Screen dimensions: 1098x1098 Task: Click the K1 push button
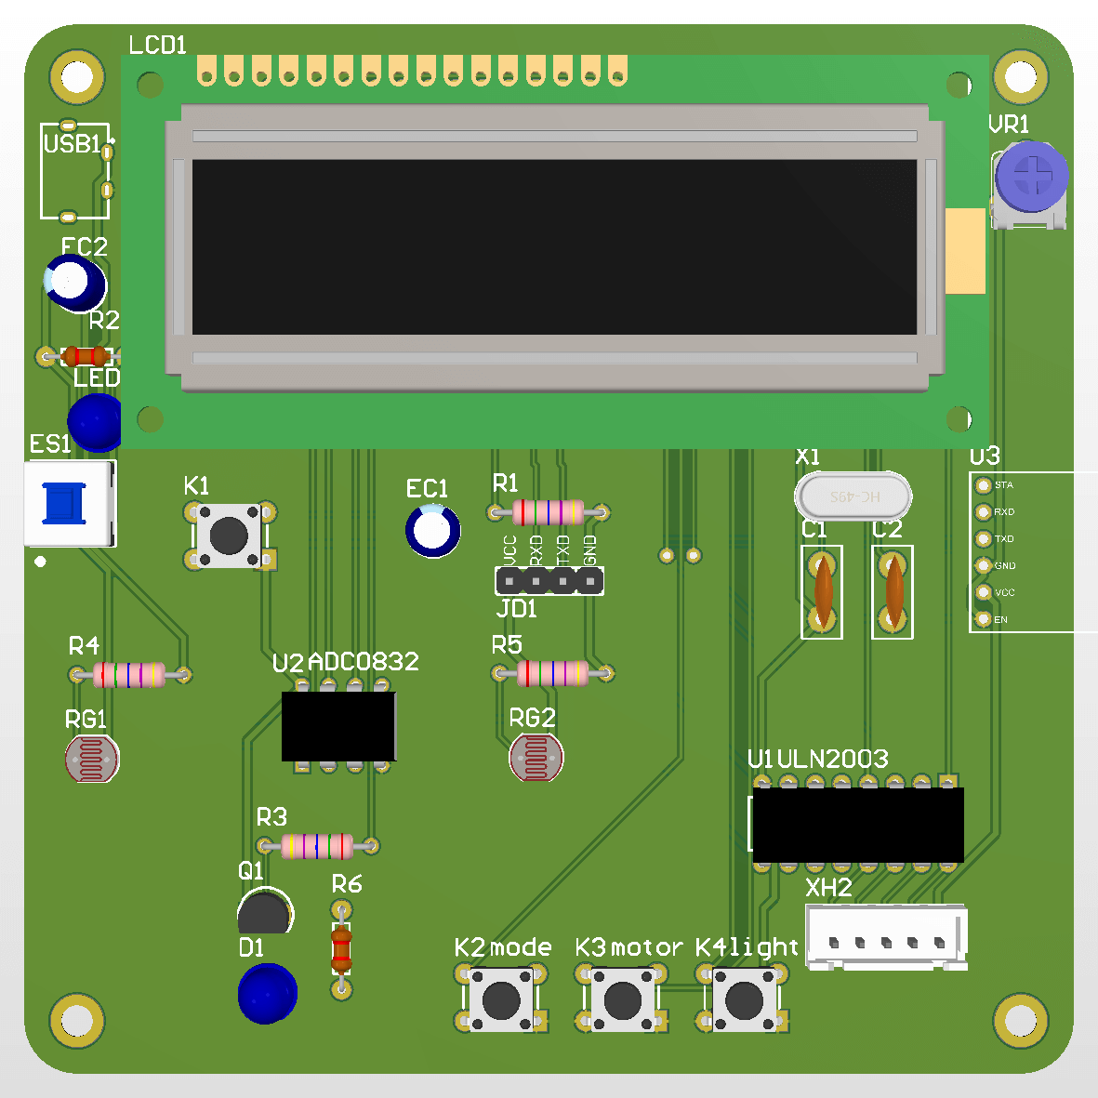point(229,535)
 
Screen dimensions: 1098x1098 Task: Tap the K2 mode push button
point(502,1000)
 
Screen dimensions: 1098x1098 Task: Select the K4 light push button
point(743,1000)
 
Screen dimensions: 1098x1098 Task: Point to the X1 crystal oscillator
point(853,496)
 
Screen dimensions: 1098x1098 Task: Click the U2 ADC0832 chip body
point(339,726)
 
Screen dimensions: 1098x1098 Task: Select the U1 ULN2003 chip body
point(857,825)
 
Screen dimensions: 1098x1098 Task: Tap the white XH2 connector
point(886,937)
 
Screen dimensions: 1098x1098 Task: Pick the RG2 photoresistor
point(536,758)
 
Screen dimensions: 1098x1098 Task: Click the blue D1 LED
point(268,993)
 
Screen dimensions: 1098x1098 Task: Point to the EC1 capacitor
point(432,530)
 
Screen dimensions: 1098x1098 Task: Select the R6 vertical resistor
point(341,948)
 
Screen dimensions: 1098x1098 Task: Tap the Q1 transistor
point(265,912)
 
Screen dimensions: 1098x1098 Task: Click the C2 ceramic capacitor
point(893,591)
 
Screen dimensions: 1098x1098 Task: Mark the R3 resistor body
point(317,846)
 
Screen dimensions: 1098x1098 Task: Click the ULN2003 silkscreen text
point(833,760)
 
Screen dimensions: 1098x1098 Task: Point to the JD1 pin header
point(549,581)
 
